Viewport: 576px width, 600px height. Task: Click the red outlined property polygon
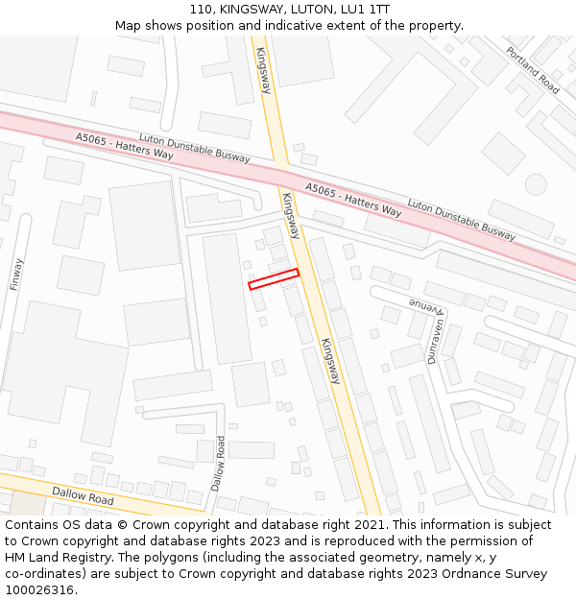coord(274,278)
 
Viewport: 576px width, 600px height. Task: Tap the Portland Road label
coord(533,70)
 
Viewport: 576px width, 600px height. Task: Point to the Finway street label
coord(16,274)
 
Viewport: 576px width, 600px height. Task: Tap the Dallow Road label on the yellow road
coord(83,494)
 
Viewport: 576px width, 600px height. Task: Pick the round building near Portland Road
coord(536,183)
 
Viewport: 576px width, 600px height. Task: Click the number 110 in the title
coord(202,9)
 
